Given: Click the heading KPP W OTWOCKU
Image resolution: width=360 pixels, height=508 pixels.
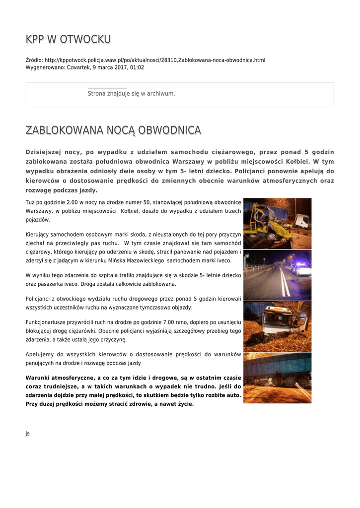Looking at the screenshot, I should [x=68, y=39].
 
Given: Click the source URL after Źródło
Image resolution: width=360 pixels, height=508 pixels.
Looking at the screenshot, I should [x=155, y=60].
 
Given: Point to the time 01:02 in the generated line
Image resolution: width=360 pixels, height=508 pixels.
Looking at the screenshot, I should [x=138, y=67].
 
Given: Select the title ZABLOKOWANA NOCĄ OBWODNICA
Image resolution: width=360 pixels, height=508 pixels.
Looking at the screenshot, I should [x=113, y=130].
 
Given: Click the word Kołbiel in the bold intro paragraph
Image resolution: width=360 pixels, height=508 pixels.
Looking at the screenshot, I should [x=298, y=161].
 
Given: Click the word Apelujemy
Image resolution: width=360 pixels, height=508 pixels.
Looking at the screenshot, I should [x=39, y=354].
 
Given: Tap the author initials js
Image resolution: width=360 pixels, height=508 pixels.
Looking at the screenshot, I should [x=28, y=434].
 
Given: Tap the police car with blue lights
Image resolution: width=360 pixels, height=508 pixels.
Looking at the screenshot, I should [x=301, y=269].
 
